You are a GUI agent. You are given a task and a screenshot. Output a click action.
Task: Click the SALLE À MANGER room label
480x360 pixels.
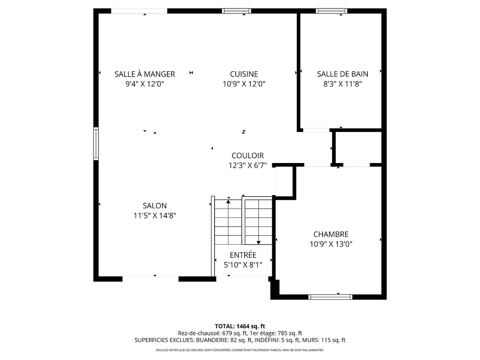pyautogui.click(x=145, y=74)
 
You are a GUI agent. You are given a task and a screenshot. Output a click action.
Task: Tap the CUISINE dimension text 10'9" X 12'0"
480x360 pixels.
pyautogui.click(x=244, y=84)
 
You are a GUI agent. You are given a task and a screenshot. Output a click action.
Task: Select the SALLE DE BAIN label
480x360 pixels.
pyautogui.click(x=342, y=74)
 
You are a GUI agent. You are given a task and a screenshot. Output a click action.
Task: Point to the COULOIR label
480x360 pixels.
pyautogui.click(x=247, y=156)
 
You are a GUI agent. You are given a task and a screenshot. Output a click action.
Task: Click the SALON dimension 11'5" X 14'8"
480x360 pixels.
pyautogui.click(x=155, y=216)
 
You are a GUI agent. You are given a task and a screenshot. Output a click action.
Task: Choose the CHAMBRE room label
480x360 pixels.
pyautogui.click(x=331, y=234)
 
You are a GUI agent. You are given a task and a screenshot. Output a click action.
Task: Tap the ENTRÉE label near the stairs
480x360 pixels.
pyautogui.click(x=243, y=255)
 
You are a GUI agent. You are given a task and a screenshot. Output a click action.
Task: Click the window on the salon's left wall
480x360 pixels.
pyautogui.click(x=96, y=144)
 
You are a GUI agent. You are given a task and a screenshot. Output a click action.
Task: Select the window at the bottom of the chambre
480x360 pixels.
pyautogui.click(x=330, y=297)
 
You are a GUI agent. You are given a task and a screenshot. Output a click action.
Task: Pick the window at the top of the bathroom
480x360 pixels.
pyautogui.click(x=331, y=11)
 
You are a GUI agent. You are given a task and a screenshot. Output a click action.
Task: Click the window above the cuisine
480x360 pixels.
pyautogui.click(x=236, y=11)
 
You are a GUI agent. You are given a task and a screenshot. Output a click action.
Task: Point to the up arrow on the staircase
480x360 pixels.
pyautogui.click(x=228, y=202)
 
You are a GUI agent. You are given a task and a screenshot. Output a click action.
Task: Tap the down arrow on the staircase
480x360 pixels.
pyautogui.click(x=259, y=242)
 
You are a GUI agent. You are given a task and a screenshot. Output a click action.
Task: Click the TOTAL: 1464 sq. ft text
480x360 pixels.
pyautogui.click(x=240, y=326)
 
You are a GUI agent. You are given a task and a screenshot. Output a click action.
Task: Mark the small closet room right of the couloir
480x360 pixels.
pyautogui.click(x=358, y=148)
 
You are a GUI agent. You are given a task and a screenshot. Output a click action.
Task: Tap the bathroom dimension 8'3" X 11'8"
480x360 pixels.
pyautogui.click(x=342, y=84)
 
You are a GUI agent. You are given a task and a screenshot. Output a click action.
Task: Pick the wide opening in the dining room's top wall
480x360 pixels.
pyautogui.click(x=139, y=11)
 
